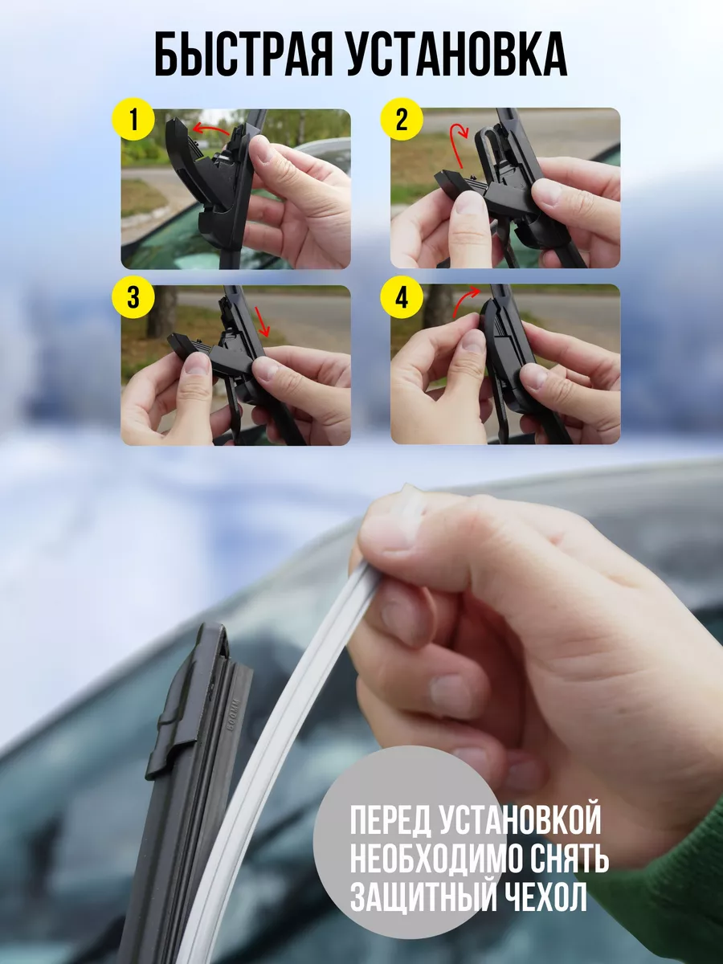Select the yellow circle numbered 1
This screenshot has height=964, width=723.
[133, 120]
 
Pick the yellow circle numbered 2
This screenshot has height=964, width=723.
[402, 120]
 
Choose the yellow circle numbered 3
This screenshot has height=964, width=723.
[133, 297]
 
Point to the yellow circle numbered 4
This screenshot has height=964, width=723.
[402, 297]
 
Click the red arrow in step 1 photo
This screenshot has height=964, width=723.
[210, 128]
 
